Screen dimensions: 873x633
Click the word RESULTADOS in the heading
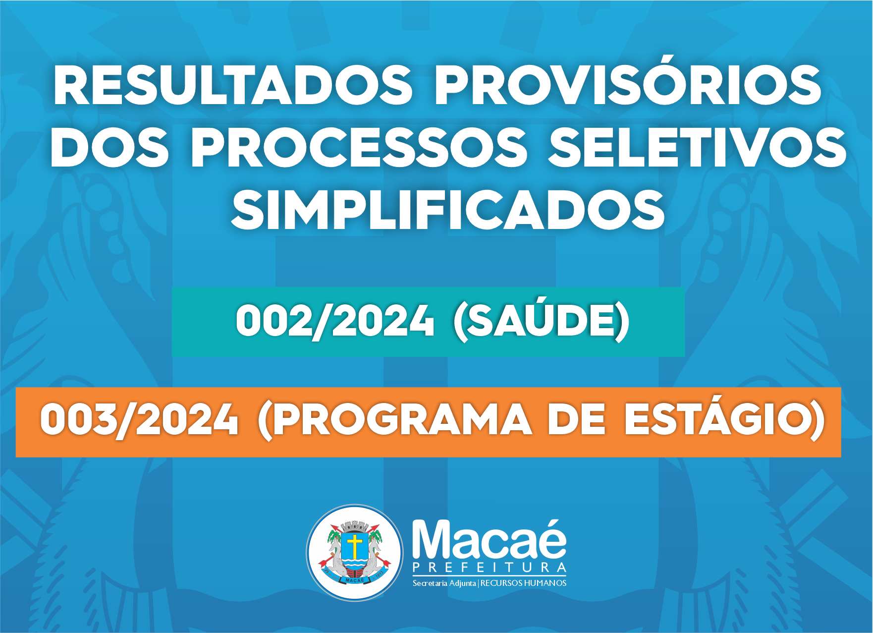point(233,86)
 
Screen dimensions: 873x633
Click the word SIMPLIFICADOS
point(448,210)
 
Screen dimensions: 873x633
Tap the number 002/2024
point(335,321)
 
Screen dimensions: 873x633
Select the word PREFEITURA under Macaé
point(490,568)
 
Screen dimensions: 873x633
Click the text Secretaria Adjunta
point(444,583)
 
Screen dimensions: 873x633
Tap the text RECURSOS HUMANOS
point(523,583)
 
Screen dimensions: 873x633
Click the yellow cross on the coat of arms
point(355,545)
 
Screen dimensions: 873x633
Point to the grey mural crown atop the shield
point(355,526)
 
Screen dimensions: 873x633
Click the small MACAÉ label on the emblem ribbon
point(355,580)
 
